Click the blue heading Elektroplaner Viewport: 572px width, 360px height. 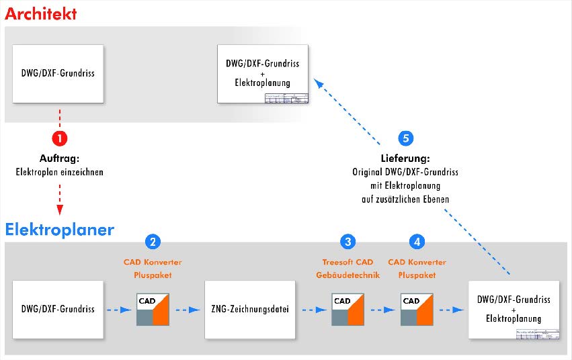tap(60, 230)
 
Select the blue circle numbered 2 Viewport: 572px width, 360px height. tap(153, 241)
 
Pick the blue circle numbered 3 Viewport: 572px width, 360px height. tap(348, 241)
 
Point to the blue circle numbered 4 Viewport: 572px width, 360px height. tap(417, 241)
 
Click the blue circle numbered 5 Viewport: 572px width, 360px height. tap(405, 138)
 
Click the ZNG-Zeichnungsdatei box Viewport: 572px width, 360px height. tap(249, 310)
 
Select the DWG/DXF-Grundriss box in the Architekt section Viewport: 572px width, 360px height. tap(58, 73)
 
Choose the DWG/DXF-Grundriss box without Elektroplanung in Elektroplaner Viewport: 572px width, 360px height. tap(58, 310)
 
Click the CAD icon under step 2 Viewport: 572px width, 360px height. tap(153, 310)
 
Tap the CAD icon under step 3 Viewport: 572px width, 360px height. tap(348, 310)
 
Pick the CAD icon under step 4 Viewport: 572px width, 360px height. tap(417, 310)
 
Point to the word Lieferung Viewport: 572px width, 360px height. tap(405, 160)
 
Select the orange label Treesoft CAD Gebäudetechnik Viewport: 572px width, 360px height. tap(348, 269)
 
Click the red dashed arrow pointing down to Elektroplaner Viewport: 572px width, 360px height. tap(60, 198)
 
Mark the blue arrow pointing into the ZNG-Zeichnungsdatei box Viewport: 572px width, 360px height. tap(188, 310)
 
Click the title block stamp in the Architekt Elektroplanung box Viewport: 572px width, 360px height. tap(287, 98)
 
